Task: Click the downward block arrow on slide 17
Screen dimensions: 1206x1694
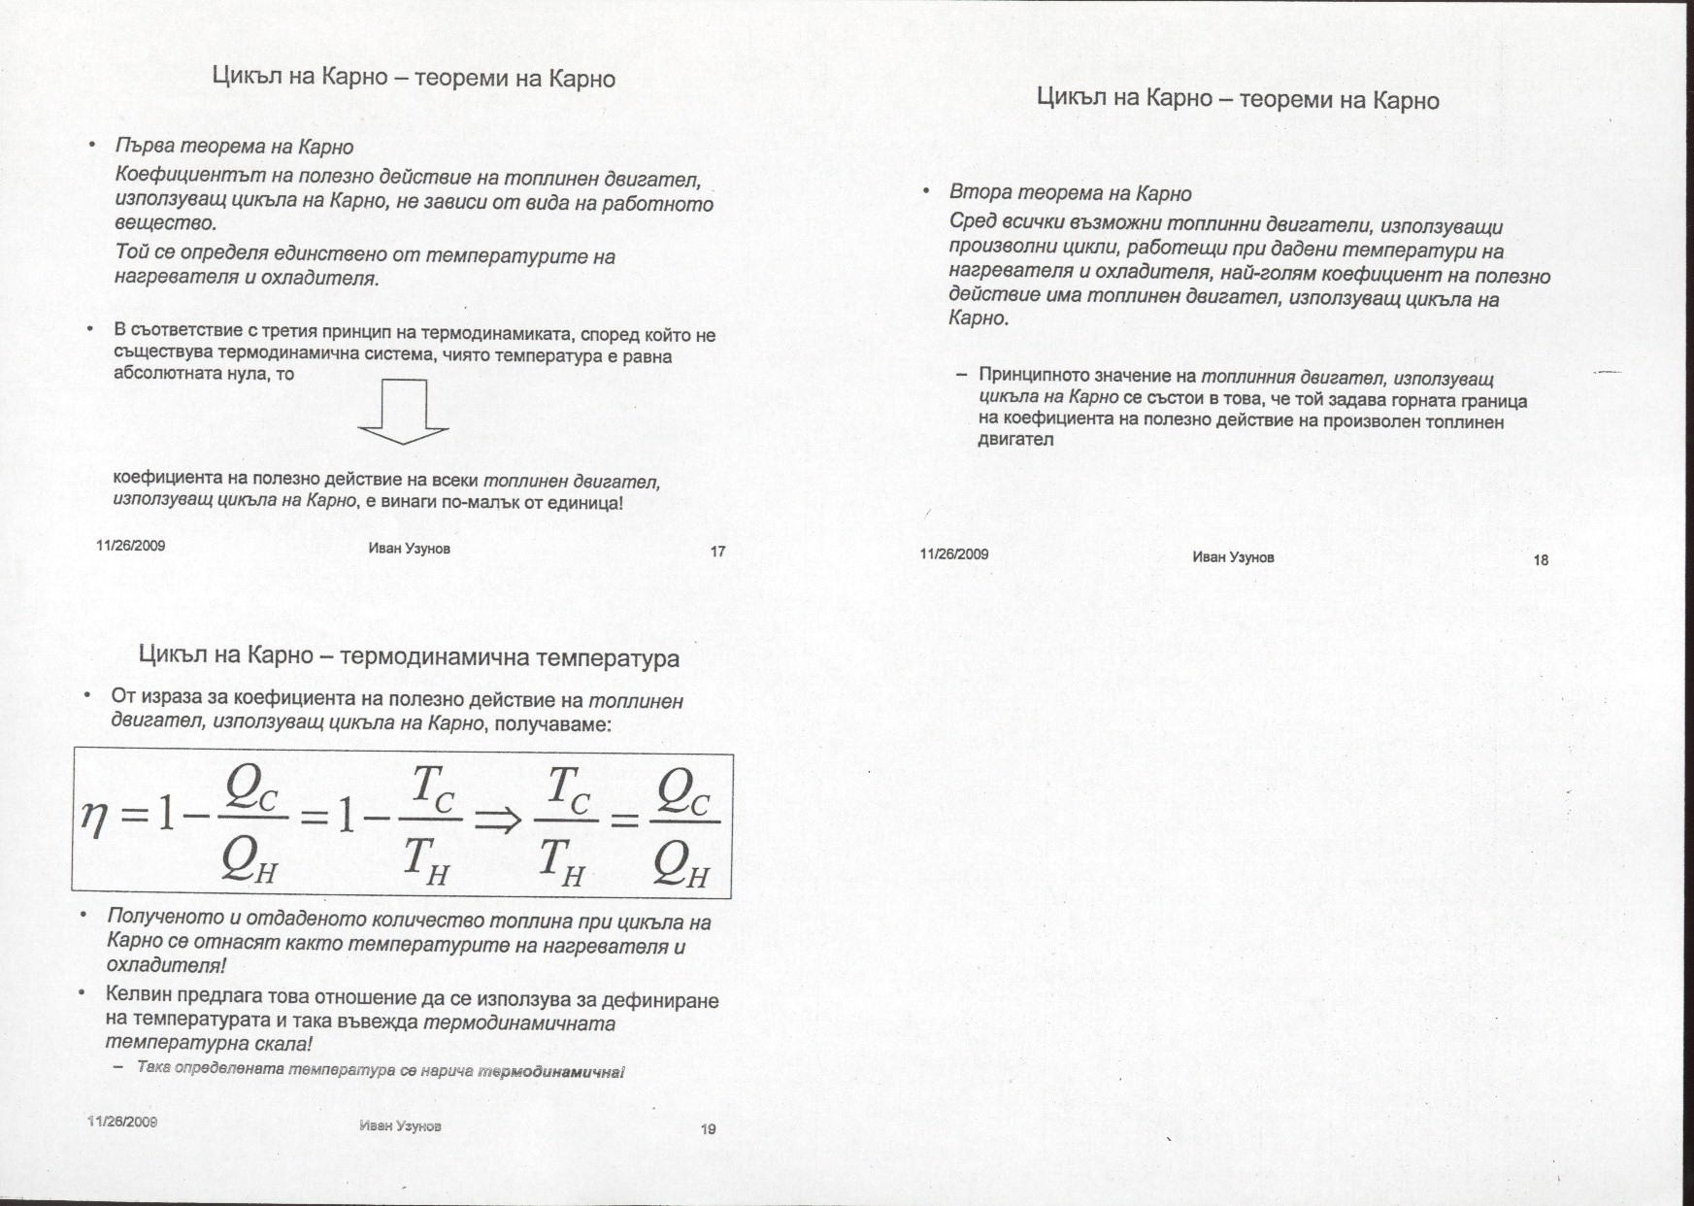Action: (x=403, y=412)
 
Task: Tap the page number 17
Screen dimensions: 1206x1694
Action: (x=718, y=552)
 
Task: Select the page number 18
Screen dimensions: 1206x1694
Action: (x=1541, y=559)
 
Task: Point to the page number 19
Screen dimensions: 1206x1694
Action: (x=708, y=1128)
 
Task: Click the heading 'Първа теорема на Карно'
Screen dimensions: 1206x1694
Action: (x=234, y=148)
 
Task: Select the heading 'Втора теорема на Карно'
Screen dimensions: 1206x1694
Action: (x=1070, y=193)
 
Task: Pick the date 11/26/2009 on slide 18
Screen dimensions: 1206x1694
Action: (x=954, y=554)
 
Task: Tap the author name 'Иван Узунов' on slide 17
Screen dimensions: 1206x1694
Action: (x=410, y=549)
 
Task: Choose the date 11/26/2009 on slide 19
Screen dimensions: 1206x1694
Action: (x=122, y=1122)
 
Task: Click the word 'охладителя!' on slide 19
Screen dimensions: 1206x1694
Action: (x=166, y=966)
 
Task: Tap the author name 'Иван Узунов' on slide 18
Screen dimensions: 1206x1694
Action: (x=1233, y=557)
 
